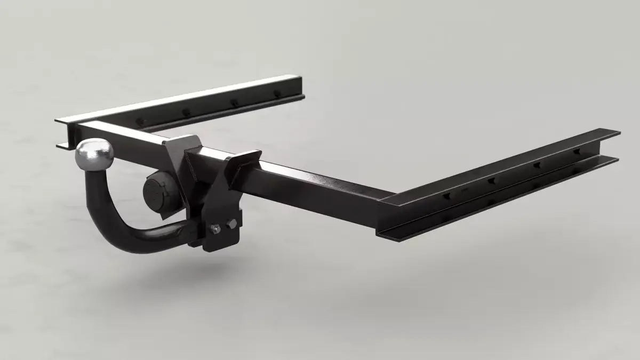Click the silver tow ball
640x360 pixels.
95,154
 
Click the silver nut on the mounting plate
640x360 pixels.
215,228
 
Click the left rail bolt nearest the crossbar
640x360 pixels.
140,122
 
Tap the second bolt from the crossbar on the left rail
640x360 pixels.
186,113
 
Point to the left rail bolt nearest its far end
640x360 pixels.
277,94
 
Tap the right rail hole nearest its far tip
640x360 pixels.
577,152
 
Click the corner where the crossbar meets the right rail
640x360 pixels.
387,205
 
